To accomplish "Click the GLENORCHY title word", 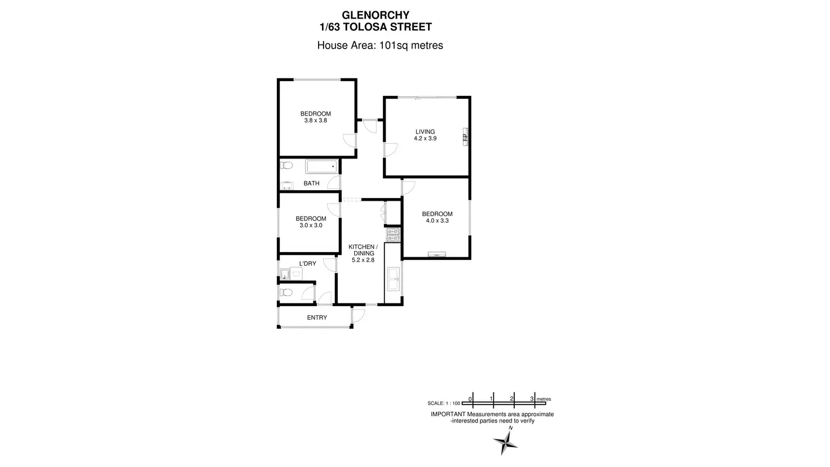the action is [x=376, y=15].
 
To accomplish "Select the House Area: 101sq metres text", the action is [x=380, y=46].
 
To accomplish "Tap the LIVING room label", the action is [x=425, y=131].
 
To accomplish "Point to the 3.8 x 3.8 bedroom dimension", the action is [x=315, y=121].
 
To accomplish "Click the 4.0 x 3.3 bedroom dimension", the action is [x=437, y=221].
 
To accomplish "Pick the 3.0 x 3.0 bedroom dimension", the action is [x=311, y=226].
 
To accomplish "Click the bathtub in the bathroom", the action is [x=321, y=166].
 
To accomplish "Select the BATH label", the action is [x=311, y=183].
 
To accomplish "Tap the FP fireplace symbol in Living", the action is [x=465, y=137].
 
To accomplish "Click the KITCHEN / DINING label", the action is [x=362, y=250].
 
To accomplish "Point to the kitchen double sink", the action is [x=393, y=280].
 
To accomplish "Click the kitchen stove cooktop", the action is [x=392, y=234].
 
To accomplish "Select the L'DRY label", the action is [x=307, y=263].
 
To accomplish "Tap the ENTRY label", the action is [x=317, y=318].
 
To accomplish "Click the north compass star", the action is [x=505, y=442].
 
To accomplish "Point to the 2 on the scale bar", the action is [x=511, y=399].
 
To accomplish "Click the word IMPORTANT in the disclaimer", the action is [x=448, y=414].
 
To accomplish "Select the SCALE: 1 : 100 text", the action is [x=444, y=403].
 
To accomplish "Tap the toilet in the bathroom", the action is [x=286, y=166].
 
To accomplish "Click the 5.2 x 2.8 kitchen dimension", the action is [x=362, y=260].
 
